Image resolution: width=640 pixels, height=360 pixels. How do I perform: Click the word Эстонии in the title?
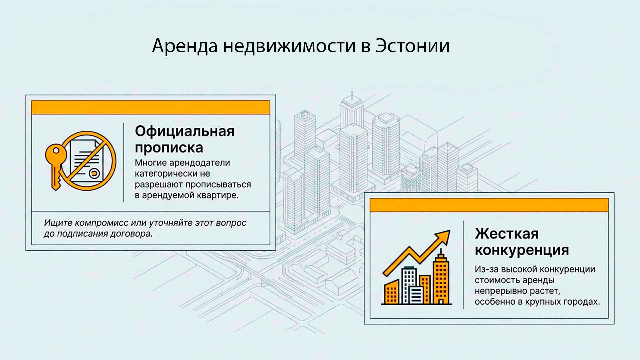click(x=412, y=46)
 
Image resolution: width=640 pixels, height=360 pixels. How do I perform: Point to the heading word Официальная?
click(x=185, y=131)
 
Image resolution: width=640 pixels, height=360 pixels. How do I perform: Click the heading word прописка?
click(x=169, y=148)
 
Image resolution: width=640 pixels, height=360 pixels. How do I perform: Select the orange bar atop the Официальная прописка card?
click(x=150, y=107)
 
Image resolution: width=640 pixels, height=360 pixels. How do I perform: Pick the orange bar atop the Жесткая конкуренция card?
click(x=489, y=205)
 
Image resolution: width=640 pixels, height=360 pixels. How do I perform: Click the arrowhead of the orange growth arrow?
click(x=444, y=236)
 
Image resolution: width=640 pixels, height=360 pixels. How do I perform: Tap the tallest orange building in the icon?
click(x=441, y=280)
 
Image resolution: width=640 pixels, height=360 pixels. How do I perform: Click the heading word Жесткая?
click(x=506, y=234)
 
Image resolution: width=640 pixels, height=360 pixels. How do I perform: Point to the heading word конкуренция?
click(x=522, y=250)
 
